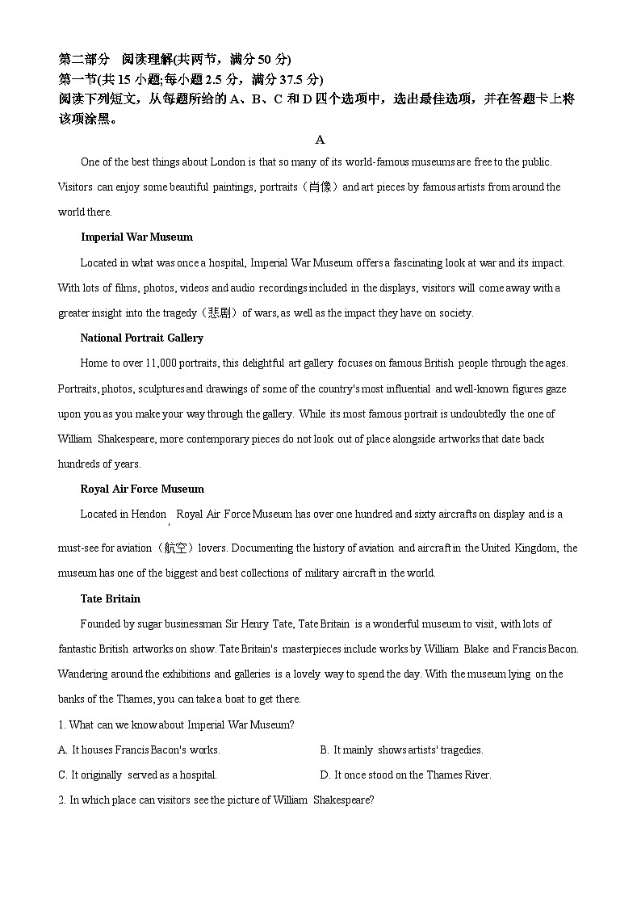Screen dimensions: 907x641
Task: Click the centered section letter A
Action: tap(320, 140)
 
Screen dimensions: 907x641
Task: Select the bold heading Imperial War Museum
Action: tap(136, 237)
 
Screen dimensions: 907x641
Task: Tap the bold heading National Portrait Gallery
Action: tap(141, 338)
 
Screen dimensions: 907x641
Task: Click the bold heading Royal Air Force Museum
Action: tap(141, 489)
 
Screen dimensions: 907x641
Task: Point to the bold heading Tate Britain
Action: tap(110, 598)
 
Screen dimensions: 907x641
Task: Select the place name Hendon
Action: tap(148, 514)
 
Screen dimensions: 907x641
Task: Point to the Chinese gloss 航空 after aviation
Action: tap(175, 548)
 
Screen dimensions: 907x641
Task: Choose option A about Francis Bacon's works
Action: tap(139, 750)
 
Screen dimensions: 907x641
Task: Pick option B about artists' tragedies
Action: tap(401, 750)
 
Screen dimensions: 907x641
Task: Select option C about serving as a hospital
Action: tap(137, 775)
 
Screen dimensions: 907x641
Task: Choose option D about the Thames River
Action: tap(405, 775)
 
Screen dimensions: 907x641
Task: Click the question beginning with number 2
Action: tap(216, 800)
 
